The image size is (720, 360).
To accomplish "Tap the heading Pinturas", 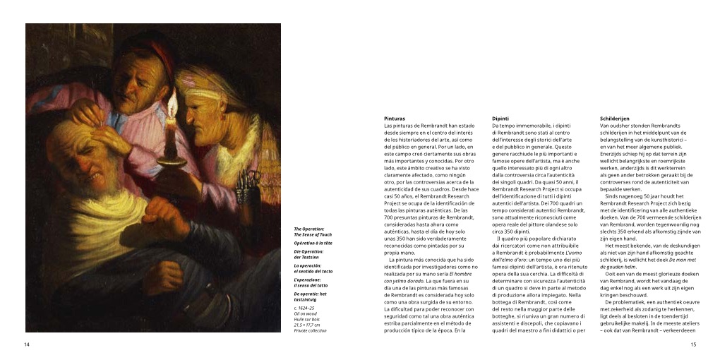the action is [395, 118].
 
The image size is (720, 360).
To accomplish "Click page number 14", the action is [27, 344].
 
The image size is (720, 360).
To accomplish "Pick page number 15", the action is [693, 344].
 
